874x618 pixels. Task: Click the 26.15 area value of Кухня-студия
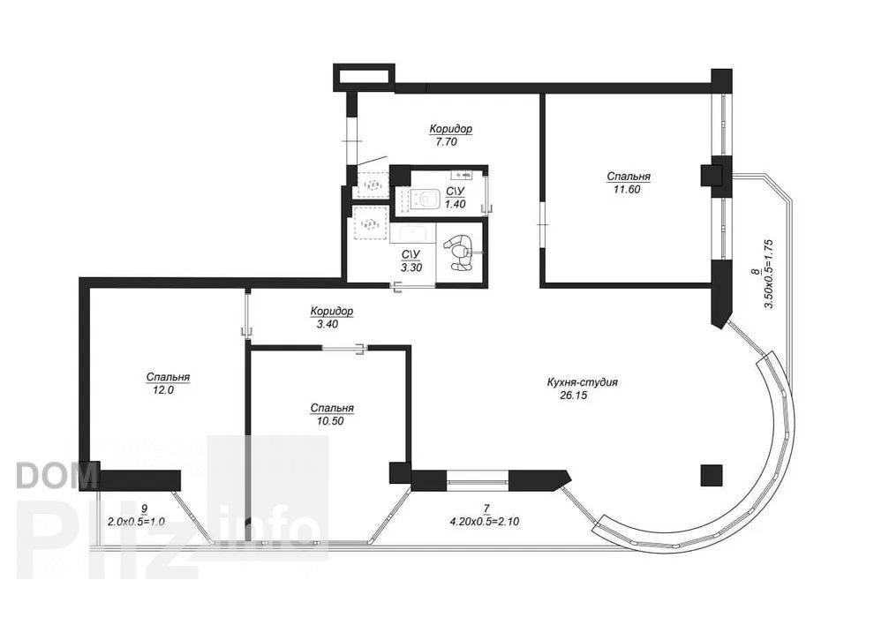click(573, 396)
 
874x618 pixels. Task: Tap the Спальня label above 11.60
click(629, 177)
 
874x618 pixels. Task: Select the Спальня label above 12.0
click(168, 377)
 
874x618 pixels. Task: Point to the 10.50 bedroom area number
click(329, 421)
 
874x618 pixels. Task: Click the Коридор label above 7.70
click(450, 129)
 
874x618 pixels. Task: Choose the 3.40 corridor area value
click(328, 324)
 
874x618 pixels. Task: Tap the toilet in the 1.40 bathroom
click(426, 199)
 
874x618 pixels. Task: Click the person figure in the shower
click(459, 252)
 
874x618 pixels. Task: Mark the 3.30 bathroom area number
click(411, 268)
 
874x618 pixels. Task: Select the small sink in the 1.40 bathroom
click(463, 175)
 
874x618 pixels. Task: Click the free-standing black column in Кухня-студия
click(712, 475)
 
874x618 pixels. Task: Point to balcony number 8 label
click(756, 271)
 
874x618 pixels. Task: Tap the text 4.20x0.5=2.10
click(484, 522)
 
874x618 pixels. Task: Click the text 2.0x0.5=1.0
click(136, 522)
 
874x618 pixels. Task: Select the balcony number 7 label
click(486, 509)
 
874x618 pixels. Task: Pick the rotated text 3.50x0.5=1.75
click(769, 275)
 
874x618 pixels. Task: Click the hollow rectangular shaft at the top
click(364, 78)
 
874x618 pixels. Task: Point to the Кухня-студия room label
click(583, 383)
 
